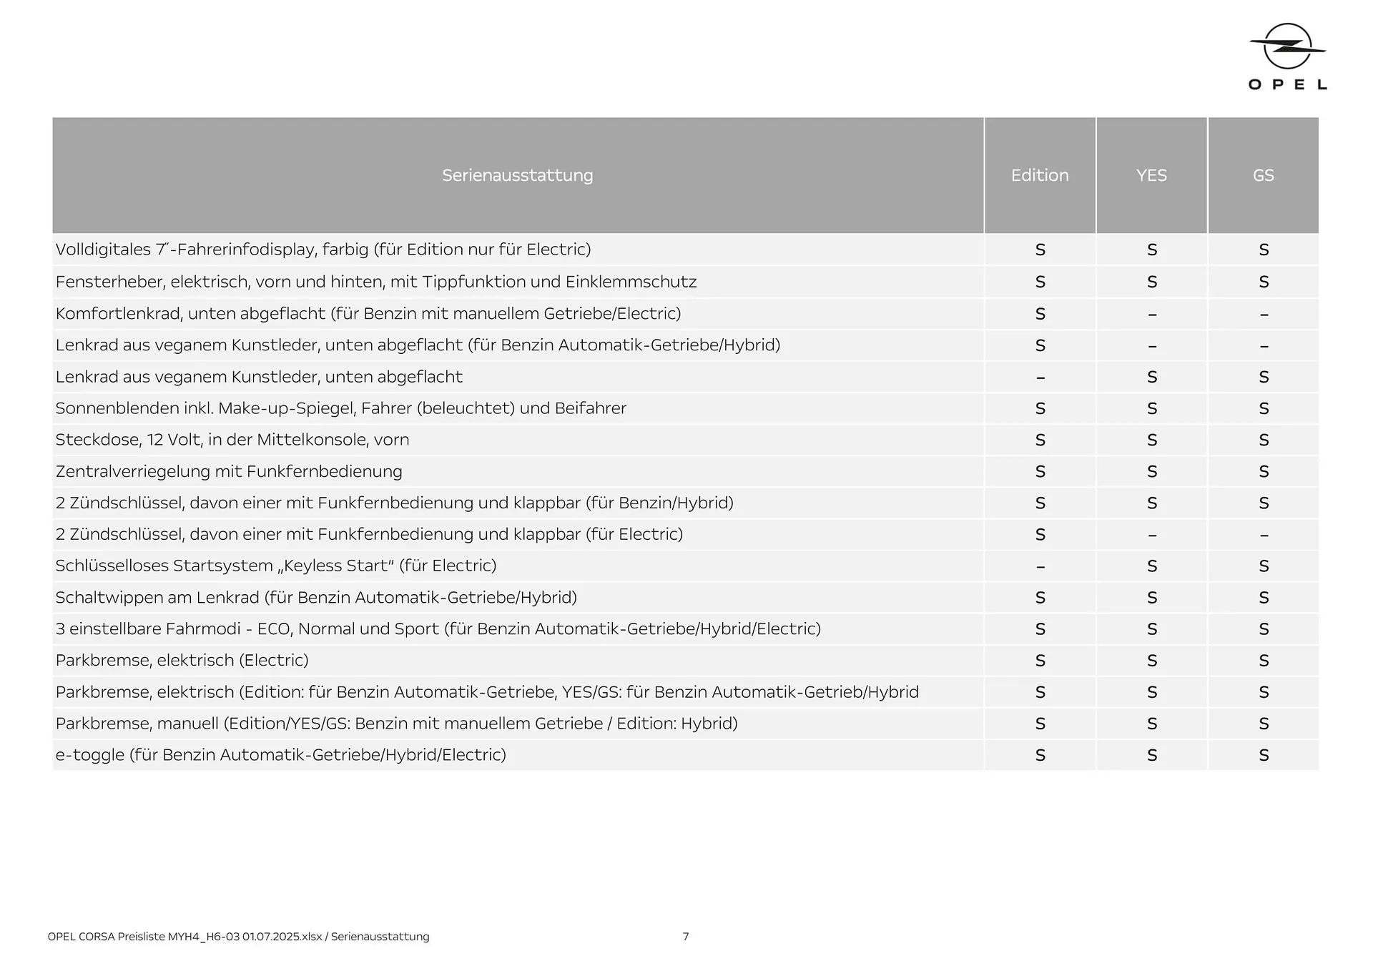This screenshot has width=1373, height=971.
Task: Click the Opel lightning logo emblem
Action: (1287, 46)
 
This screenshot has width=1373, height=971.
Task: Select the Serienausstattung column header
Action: (518, 175)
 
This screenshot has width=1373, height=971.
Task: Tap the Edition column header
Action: (1040, 175)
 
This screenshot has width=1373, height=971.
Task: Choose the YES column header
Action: (1151, 175)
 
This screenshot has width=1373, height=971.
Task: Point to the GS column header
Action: (1264, 175)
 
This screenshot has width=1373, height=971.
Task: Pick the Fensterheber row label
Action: (376, 282)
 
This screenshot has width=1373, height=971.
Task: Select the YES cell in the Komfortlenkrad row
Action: (1152, 314)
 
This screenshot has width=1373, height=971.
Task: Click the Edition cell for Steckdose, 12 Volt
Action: (1040, 440)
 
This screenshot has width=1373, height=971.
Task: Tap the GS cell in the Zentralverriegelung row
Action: (1264, 472)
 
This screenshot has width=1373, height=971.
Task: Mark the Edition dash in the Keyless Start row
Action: (1040, 566)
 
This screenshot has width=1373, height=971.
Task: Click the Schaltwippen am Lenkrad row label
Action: (316, 598)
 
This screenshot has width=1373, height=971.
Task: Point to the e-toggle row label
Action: (280, 755)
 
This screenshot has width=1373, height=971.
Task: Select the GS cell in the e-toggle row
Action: (1264, 755)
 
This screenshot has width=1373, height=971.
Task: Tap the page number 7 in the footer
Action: (686, 937)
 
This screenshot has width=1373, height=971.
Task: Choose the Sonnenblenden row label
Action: (340, 408)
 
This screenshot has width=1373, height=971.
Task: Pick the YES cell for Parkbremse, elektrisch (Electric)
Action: (1152, 661)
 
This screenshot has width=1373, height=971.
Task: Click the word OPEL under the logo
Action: (1287, 84)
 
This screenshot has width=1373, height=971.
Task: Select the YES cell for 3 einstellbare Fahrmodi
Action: (1152, 629)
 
